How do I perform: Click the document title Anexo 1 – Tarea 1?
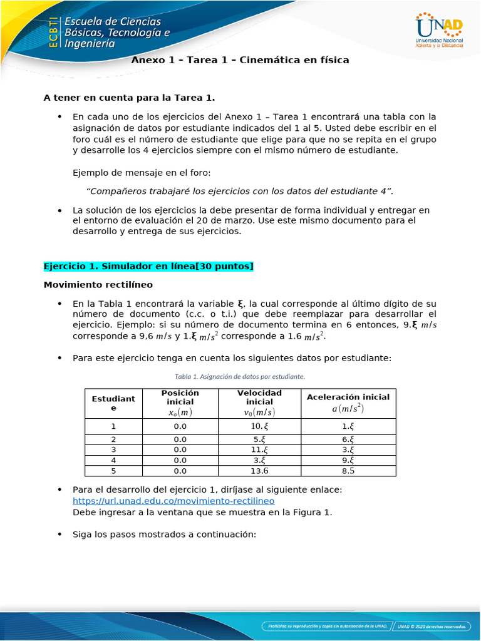pos(240,60)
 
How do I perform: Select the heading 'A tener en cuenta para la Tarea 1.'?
pos(129,98)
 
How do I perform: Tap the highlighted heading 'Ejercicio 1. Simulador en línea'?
pos(148,267)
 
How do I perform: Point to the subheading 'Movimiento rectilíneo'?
pos(98,285)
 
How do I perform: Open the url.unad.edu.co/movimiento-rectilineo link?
pos(173,501)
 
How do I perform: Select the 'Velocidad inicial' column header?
pos(259,403)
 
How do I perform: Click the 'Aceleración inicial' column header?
pos(348,403)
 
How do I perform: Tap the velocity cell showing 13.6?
pos(259,471)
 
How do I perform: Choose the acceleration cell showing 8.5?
pos(348,471)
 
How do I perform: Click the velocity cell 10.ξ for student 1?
pos(259,426)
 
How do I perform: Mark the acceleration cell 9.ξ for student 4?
pos(348,460)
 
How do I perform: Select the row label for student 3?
pos(113,449)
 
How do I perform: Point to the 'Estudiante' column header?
pos(113,403)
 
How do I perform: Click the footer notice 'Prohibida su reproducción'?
pos(326,625)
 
